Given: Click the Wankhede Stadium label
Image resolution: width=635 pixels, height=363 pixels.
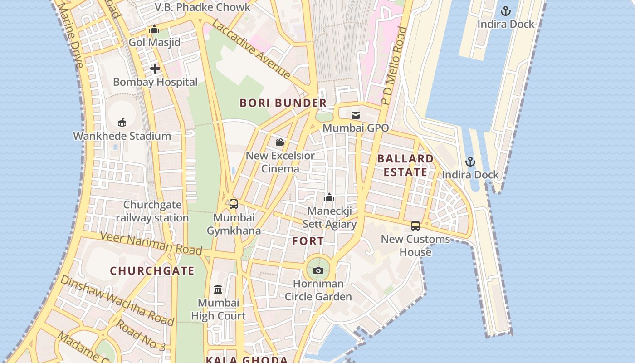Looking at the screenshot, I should (x=122, y=136).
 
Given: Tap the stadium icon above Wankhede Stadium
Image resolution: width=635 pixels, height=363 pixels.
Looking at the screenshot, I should (x=122, y=122).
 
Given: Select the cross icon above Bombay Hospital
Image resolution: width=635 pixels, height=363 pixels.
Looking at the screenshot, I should (x=155, y=69).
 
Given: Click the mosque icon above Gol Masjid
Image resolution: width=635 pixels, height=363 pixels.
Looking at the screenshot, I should (x=154, y=29).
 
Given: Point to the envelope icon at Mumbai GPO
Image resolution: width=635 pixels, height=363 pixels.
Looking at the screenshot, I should (x=356, y=115).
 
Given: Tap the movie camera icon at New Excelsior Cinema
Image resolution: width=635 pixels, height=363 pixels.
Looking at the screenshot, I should (x=280, y=142).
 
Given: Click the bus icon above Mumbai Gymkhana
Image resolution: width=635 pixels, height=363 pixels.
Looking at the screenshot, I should (x=234, y=204).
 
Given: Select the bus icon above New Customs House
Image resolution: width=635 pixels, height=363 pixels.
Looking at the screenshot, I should (x=415, y=226).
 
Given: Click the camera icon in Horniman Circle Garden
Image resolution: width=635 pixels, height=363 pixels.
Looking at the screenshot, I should (x=318, y=270).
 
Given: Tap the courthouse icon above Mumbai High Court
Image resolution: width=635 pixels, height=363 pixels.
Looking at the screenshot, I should (x=218, y=289).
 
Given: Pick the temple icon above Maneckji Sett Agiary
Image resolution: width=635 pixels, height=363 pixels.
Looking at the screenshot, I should (x=329, y=197).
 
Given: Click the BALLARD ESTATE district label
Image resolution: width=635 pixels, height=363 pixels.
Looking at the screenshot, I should (x=405, y=165).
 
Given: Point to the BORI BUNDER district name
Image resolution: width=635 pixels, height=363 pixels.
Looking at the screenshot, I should (x=283, y=103).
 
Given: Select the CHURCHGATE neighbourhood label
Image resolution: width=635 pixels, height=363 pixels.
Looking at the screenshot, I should (x=152, y=271).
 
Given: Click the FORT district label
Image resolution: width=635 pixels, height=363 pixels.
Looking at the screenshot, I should (x=308, y=241).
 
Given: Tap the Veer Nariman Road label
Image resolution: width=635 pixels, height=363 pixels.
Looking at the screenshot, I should (x=151, y=243).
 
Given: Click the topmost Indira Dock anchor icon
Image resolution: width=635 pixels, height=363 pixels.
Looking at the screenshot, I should (x=505, y=11).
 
